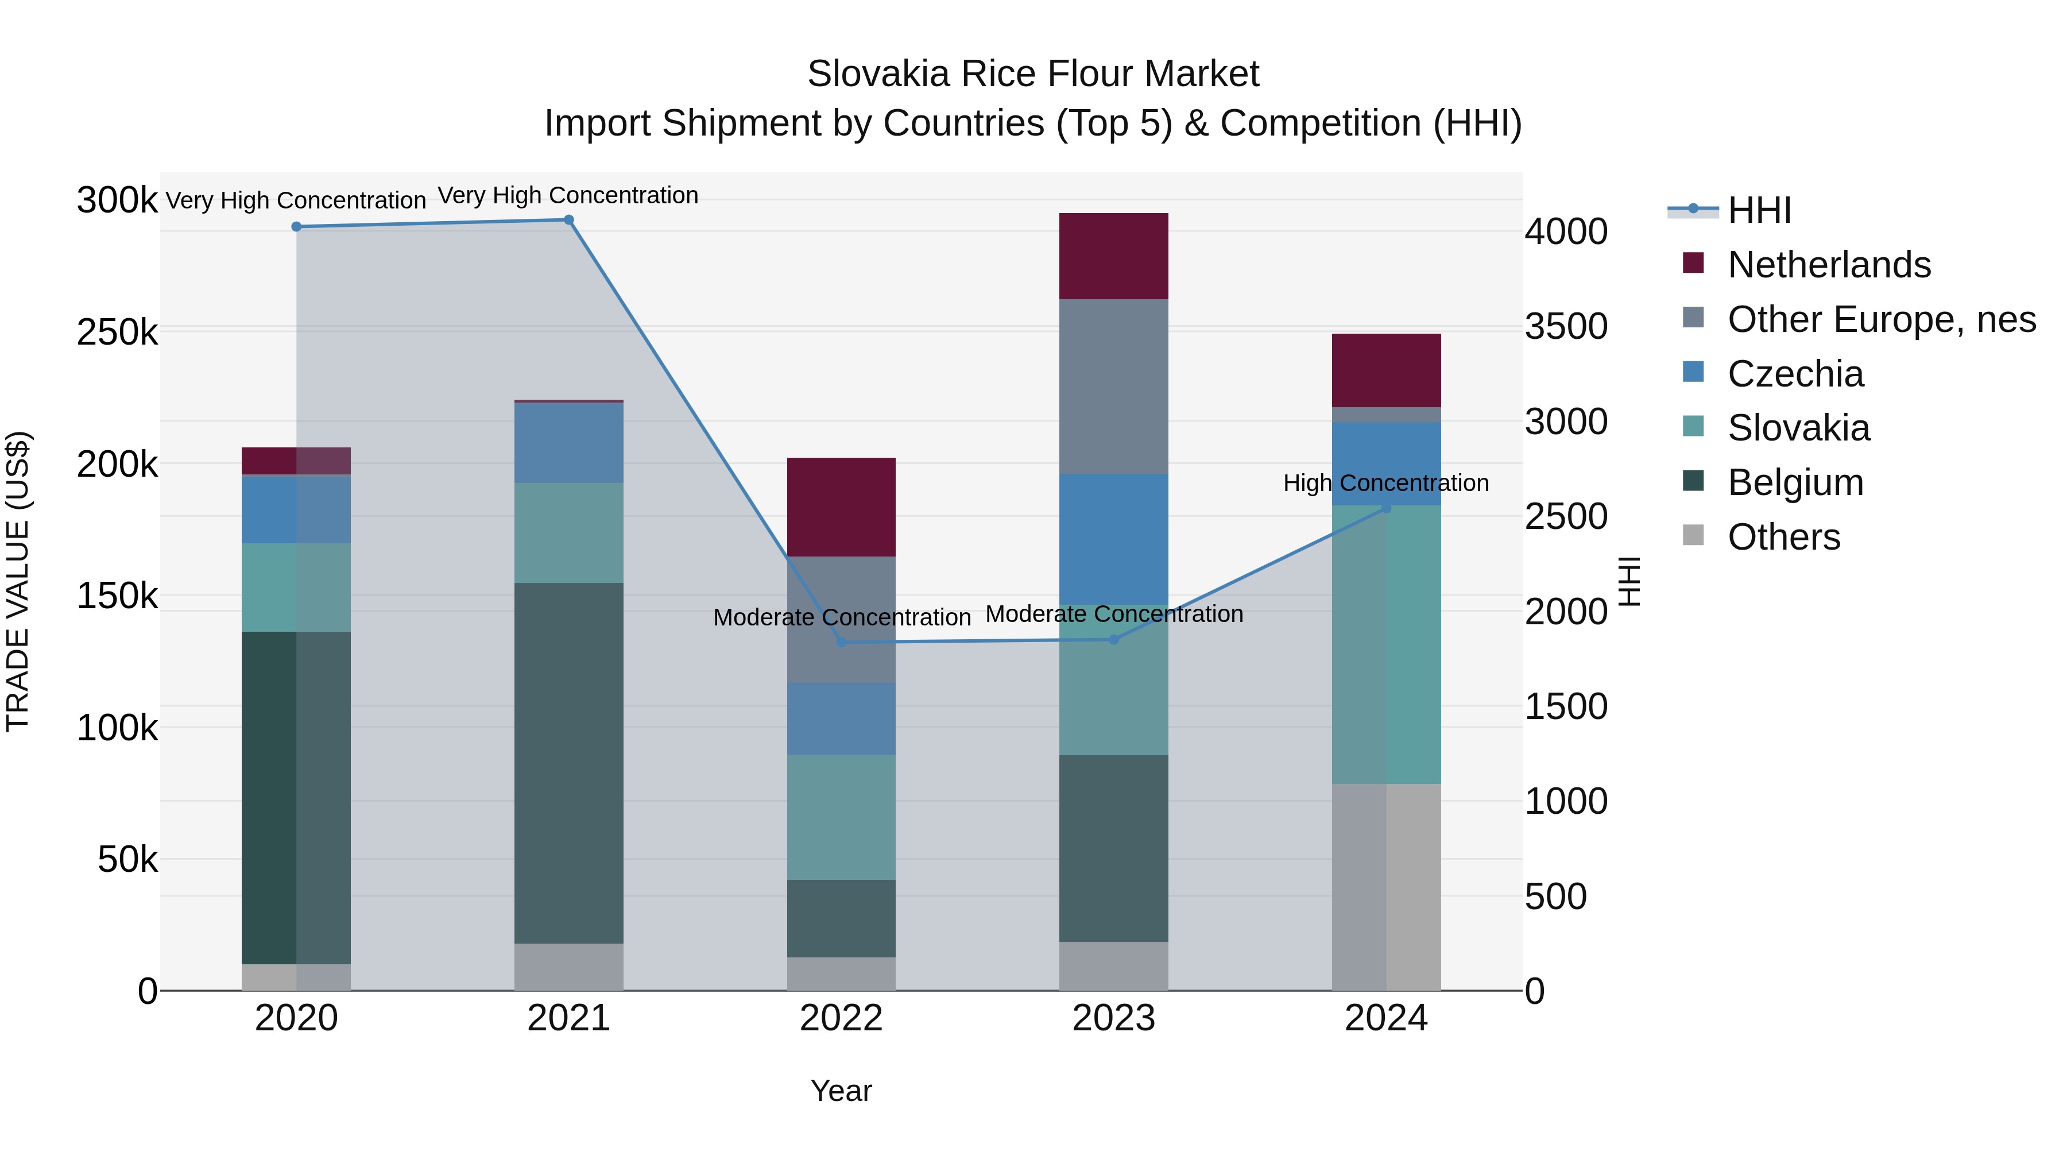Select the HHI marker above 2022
[841, 642]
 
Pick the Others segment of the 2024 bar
[1386, 887]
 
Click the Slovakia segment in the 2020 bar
[296, 587]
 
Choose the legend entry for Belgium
[1795, 482]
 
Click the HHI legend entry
[1759, 210]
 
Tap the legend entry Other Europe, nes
[1881, 319]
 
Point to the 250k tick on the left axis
[117, 331]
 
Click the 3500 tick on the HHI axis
[1566, 327]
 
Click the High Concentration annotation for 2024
[1386, 483]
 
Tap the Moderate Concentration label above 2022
[841, 617]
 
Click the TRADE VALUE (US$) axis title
[18, 581]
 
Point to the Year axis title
[841, 1091]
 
